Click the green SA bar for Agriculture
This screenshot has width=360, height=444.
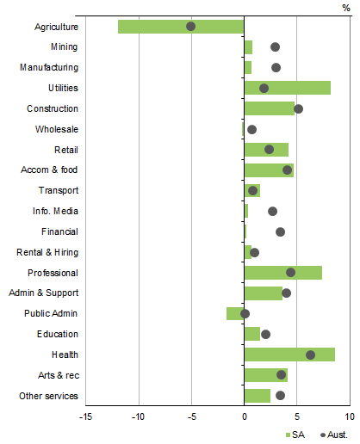[x=155, y=27]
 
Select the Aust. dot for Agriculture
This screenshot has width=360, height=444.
[x=191, y=27]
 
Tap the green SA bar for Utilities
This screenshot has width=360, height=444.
[x=287, y=88]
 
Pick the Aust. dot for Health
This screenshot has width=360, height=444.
[x=310, y=355]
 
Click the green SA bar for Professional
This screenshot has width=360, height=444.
[x=282, y=273]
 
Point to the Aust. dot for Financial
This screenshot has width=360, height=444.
[x=280, y=231]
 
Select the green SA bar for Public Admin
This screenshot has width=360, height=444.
[x=235, y=313]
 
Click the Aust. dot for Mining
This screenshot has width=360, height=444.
[x=275, y=47]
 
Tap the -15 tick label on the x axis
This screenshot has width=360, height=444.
[x=84, y=417]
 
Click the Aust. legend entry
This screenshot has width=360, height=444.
[x=332, y=435]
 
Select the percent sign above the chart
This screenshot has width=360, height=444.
[x=346, y=7]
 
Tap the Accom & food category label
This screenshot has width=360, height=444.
[x=49, y=170]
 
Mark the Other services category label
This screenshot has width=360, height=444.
[x=48, y=396]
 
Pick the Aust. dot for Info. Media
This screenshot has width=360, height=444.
[x=272, y=211]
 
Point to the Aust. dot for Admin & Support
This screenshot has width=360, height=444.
[x=286, y=293]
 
